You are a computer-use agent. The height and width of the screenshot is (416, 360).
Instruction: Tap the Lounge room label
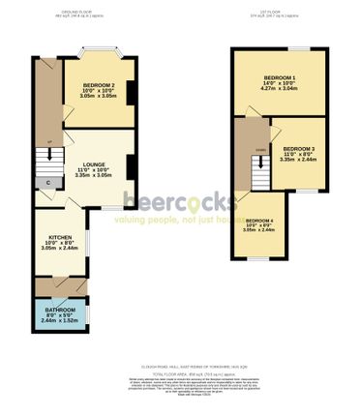pyautogui.click(x=94, y=165)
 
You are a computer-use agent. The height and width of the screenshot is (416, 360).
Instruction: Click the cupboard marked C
pyautogui.click(x=46, y=181)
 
